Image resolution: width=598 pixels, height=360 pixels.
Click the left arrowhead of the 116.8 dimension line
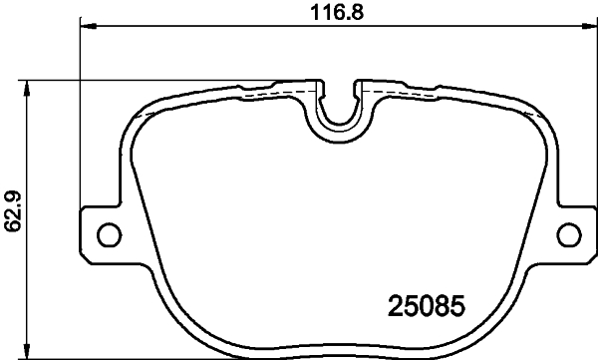85,27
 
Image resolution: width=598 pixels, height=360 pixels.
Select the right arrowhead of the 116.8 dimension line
591,27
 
